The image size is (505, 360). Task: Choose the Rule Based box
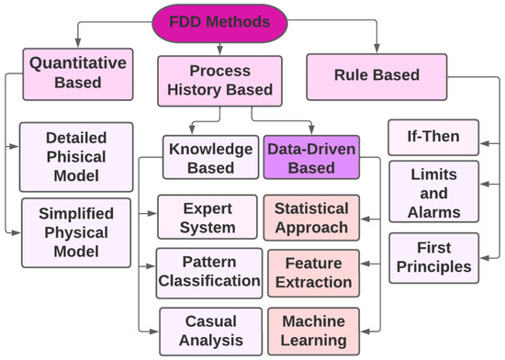click(x=376, y=75)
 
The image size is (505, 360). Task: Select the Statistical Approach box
click(x=310, y=216)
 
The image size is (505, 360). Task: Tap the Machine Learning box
click(x=310, y=330)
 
